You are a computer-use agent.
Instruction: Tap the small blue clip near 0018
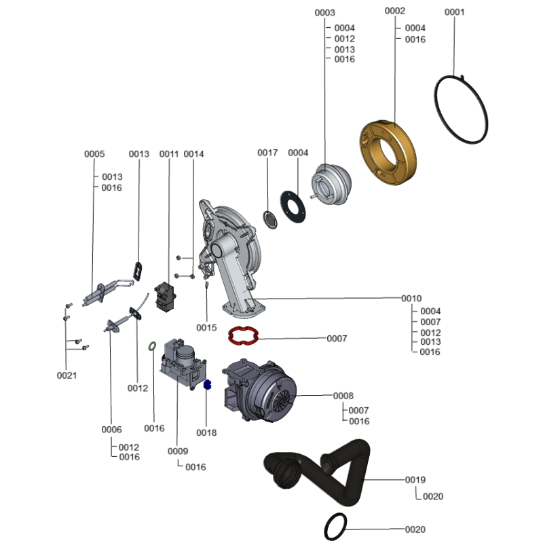click(x=208, y=385)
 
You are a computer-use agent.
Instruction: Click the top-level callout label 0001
click(x=455, y=12)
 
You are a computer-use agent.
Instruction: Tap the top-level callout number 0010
click(x=411, y=299)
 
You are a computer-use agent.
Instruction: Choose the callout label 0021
click(x=66, y=375)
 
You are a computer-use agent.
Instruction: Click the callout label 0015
click(x=206, y=327)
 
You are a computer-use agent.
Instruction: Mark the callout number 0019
click(x=415, y=480)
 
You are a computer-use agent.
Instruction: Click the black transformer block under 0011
click(x=164, y=297)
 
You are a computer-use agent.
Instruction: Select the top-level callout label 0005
click(x=94, y=154)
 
